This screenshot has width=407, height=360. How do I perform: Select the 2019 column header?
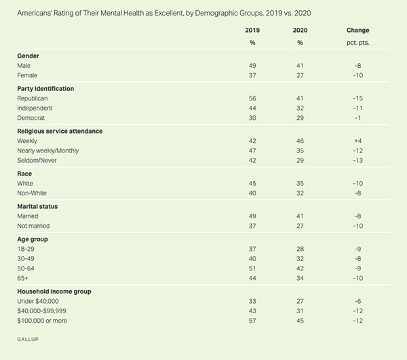(252, 31)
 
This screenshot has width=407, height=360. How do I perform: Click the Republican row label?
(36, 98)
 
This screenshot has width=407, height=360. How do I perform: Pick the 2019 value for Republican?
(252, 98)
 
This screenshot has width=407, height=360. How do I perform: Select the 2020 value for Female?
(298, 75)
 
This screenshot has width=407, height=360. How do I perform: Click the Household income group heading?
(56, 291)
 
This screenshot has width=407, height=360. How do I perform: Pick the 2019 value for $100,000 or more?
(252, 319)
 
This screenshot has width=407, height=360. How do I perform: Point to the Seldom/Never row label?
(41, 159)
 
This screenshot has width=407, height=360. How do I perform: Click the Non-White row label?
(33, 192)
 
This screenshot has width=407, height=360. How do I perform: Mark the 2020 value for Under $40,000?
(298, 300)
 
